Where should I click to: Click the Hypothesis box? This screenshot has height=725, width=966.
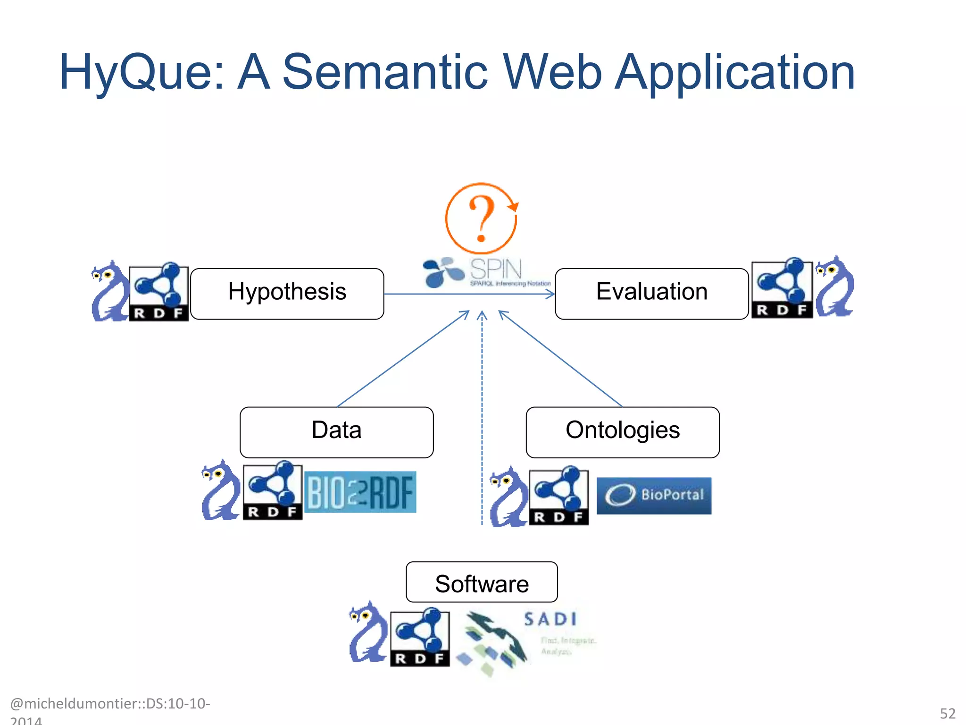[287, 293]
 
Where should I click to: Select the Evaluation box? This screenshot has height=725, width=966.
[651, 293]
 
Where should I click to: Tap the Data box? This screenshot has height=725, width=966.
[336, 432]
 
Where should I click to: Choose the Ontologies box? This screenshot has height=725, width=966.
[622, 432]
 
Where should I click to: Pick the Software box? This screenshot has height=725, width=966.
[482, 582]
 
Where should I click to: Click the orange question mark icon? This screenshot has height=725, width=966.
[481, 219]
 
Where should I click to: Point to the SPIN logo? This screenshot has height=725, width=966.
[486, 272]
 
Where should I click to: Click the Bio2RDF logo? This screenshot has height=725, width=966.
[360, 492]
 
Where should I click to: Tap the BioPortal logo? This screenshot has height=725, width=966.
[654, 495]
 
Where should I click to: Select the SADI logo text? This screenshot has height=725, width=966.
[550, 619]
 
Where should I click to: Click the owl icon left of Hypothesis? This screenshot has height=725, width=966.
[109, 291]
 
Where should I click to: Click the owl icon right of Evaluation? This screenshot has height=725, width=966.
[834, 287]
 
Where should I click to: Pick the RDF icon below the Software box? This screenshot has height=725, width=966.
[419, 637]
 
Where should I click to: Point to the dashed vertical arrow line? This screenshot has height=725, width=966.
[482, 425]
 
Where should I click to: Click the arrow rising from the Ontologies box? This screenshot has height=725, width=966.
[561, 359]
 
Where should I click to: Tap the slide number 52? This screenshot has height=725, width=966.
[947, 713]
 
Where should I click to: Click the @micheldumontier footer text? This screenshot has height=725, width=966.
[109, 704]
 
